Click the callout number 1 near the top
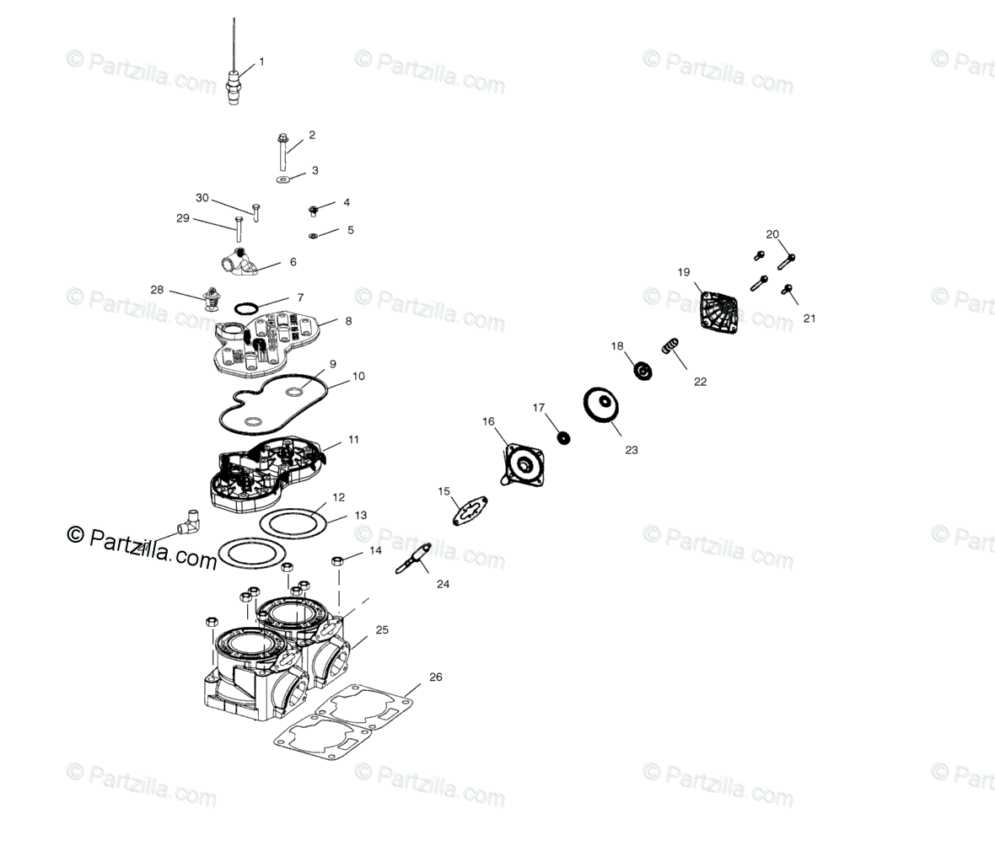pyautogui.click(x=261, y=62)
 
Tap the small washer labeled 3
pyautogui.click(x=283, y=179)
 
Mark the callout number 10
pyautogui.click(x=358, y=376)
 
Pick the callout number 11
pyautogui.click(x=353, y=439)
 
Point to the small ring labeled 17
pyautogui.click(x=562, y=437)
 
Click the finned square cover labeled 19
pyautogui.click(x=719, y=308)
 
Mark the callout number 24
pyautogui.click(x=443, y=583)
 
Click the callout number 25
pyautogui.click(x=382, y=629)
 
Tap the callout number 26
pyautogui.click(x=435, y=677)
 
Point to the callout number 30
pyautogui.click(x=202, y=198)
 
